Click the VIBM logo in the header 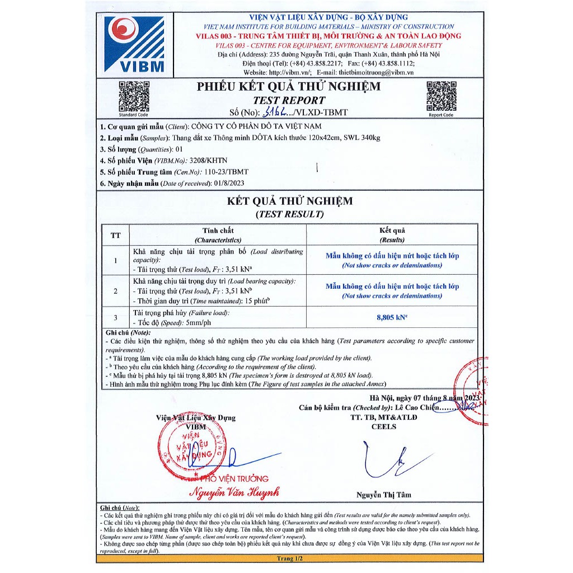tap(134, 44)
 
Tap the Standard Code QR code tap(134, 96)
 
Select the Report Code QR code tap(441, 96)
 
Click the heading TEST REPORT tap(289, 100)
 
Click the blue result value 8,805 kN tap(392, 317)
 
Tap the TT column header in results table tap(115, 235)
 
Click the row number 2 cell tap(115, 291)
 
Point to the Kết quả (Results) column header tap(392, 235)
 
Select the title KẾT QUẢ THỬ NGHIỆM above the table tap(289, 201)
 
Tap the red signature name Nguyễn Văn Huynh tap(234, 493)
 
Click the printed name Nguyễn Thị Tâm tap(383, 495)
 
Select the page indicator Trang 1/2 tap(289, 558)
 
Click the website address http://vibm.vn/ tap(289, 72)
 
